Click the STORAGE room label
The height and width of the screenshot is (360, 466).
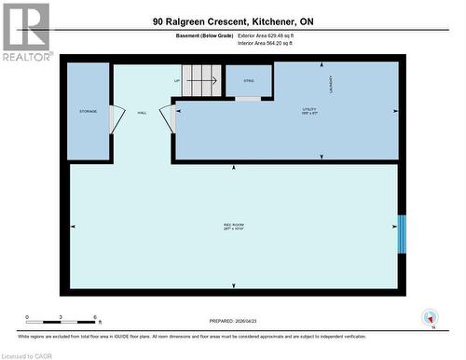pos(88,112)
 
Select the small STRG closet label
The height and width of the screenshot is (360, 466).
pos(249,81)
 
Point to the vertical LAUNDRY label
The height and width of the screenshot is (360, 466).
pos(319,83)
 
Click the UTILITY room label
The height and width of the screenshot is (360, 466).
pos(310,110)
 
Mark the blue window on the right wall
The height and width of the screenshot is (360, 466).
pos(403,234)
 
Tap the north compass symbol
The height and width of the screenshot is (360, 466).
pos(430,317)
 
